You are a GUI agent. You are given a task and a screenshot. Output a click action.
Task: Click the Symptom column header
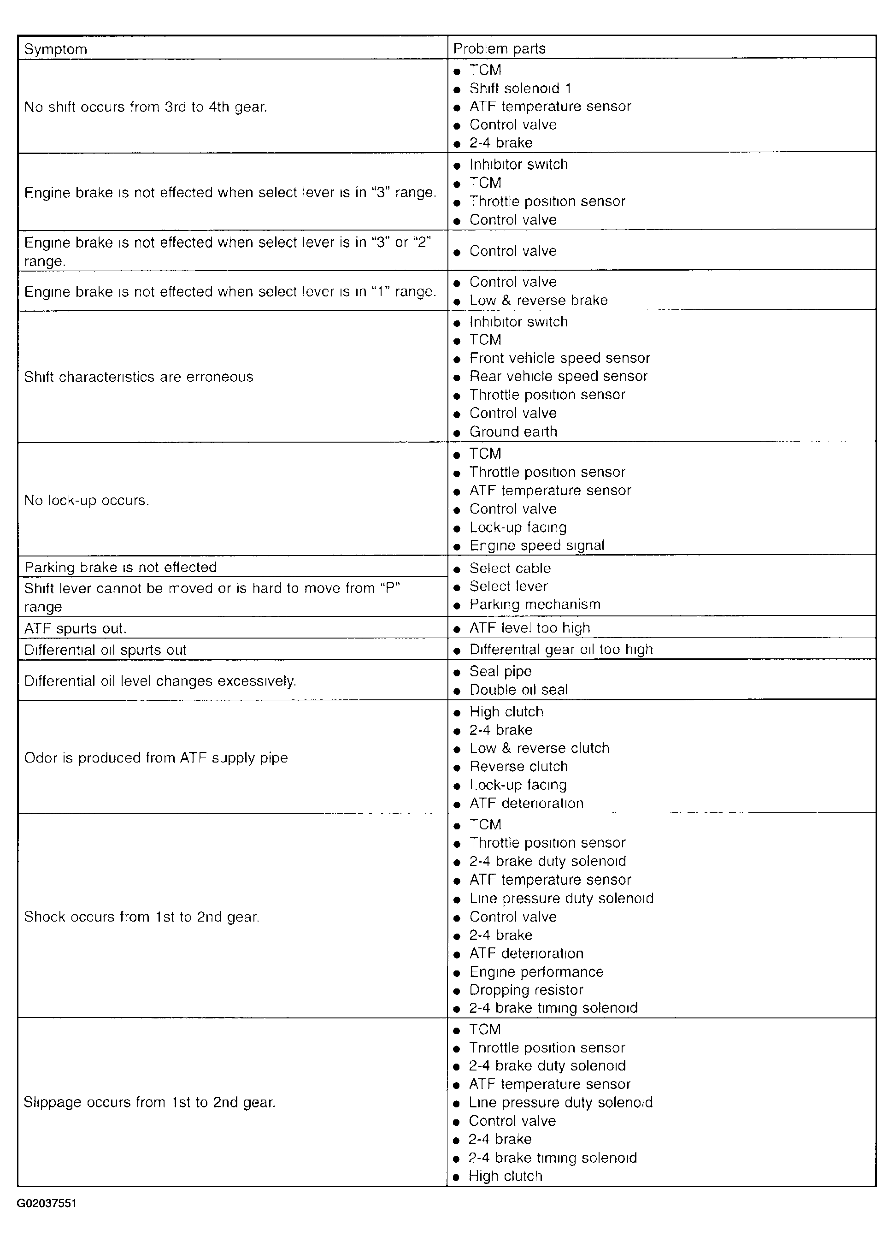56,49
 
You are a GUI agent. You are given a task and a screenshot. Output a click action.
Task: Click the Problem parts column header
499,49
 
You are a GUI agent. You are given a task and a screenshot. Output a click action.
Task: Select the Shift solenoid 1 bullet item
520,89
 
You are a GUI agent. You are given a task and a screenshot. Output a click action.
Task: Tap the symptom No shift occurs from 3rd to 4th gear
146,107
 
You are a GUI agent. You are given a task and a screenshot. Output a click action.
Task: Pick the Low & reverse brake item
539,301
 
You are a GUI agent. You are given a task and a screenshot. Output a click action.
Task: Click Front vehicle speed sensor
559,358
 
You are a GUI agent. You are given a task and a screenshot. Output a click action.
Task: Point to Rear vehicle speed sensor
559,377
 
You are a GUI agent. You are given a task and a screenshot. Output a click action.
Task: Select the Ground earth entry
513,432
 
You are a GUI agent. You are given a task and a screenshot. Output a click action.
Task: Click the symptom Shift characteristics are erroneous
139,377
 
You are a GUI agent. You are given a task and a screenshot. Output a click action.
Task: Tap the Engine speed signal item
536,546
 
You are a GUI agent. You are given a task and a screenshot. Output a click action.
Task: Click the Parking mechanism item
535,604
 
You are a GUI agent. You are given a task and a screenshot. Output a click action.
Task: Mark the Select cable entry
510,568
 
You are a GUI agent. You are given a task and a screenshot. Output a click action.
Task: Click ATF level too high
530,628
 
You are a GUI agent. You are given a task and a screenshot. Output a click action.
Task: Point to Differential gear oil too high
561,650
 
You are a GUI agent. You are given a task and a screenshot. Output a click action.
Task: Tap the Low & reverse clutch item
539,749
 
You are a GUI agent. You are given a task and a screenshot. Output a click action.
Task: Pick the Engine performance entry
536,972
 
